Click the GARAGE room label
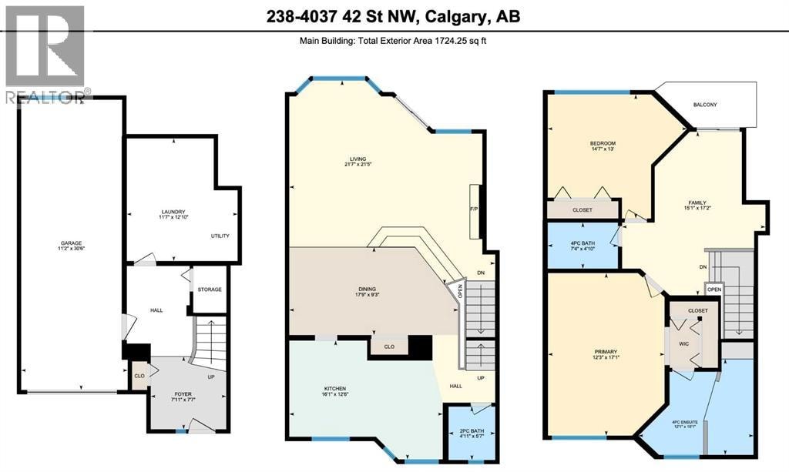71,243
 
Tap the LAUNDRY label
173,212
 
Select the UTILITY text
220,236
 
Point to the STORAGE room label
210,290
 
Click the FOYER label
183,394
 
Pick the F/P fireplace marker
474,209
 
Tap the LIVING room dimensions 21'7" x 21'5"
358,164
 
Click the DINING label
368,289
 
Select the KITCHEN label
334,389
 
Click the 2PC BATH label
472,430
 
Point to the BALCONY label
705,105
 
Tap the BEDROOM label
603,144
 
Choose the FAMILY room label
697,203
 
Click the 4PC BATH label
583,243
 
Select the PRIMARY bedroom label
606,352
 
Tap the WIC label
684,344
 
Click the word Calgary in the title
455,17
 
